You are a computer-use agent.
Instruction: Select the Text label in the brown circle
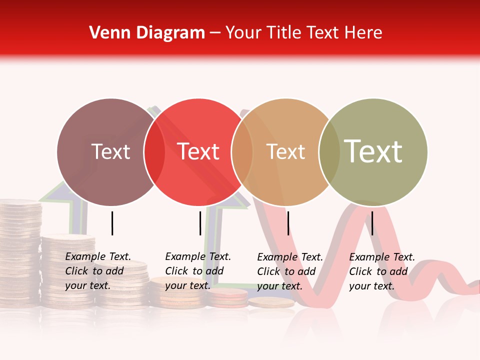pos(110,152)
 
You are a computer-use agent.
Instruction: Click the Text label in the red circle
pos(198,152)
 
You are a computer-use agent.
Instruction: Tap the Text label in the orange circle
pos(285,152)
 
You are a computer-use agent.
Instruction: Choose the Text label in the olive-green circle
pos(373,152)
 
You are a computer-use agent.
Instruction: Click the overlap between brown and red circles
pos(154,152)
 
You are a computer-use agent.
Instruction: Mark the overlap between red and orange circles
pos(242,152)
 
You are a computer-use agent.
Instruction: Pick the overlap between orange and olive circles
pos(329,152)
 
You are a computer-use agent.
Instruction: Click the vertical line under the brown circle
pos(112,223)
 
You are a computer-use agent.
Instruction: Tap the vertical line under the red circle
pos(200,223)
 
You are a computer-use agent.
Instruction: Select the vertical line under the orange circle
pos(288,223)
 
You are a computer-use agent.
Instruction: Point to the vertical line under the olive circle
pos(372,223)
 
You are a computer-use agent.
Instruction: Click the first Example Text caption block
pos(98,271)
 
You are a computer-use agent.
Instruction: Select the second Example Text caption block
pos(198,271)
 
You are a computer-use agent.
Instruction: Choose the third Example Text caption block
pos(290,271)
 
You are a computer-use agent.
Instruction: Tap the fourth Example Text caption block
pos(382,271)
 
